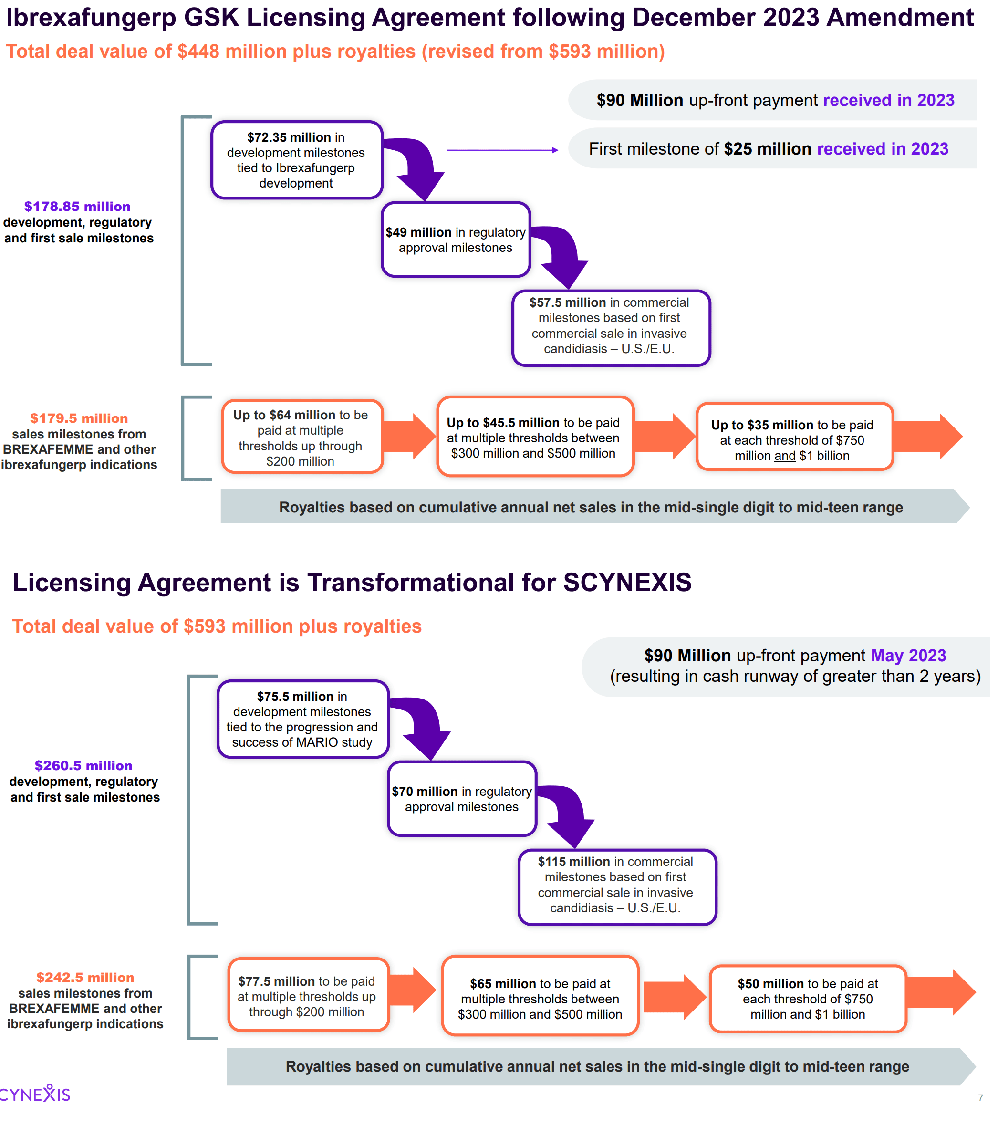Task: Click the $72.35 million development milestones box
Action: [296, 160]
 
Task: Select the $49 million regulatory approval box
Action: [456, 240]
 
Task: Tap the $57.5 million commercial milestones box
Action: [610, 328]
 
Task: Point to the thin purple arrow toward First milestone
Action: [502, 150]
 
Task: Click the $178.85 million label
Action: [77, 207]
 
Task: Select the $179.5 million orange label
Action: [79, 418]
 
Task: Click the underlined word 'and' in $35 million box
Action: [785, 456]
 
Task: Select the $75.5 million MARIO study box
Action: [302, 719]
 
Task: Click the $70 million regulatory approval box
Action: [461, 799]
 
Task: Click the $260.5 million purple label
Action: [83, 766]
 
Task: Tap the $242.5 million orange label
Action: [85, 977]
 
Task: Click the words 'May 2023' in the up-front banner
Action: [908, 656]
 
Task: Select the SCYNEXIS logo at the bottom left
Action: [35, 1094]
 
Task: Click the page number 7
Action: [980, 1098]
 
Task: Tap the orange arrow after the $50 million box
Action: [941, 993]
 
